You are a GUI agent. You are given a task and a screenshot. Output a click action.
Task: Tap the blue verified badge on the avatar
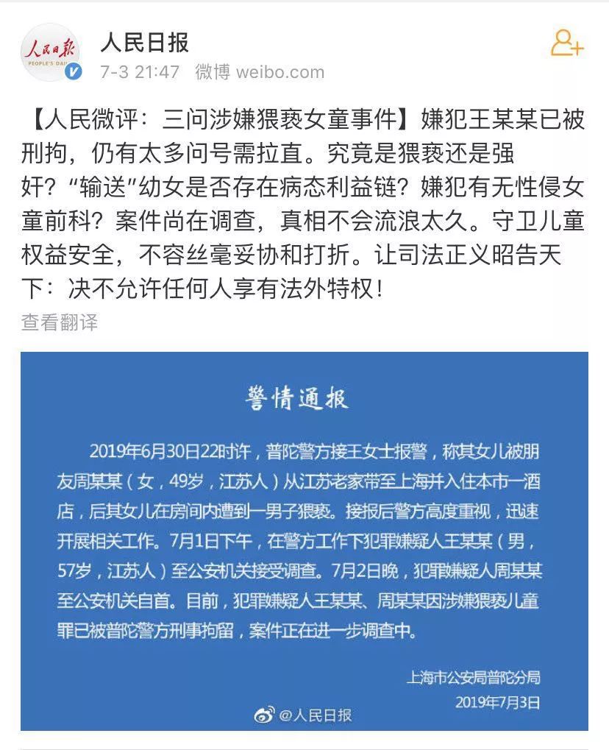click(75, 71)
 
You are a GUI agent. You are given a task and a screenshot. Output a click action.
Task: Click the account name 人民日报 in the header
click(145, 43)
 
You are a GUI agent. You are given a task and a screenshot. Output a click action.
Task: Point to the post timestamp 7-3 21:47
click(140, 72)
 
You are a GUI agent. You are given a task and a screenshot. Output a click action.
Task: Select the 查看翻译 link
click(59, 322)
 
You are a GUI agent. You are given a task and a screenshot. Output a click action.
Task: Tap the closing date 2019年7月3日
click(497, 702)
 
